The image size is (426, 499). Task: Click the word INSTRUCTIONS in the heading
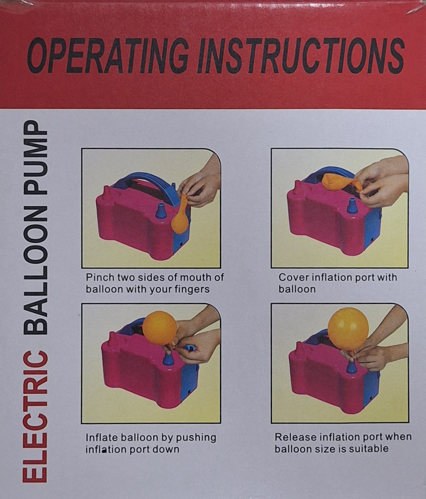click(300, 56)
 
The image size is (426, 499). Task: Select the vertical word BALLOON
click(35, 270)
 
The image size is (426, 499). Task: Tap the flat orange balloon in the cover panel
click(342, 182)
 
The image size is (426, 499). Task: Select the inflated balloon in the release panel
click(348, 329)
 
